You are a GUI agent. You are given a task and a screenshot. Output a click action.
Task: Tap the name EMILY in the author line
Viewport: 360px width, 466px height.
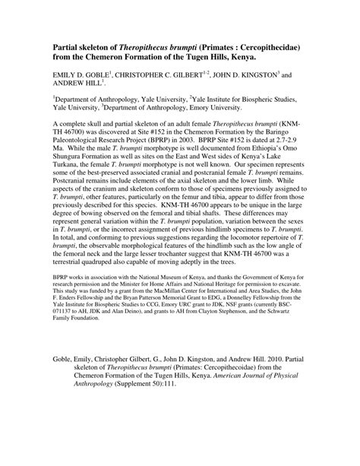click(x=68, y=78)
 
